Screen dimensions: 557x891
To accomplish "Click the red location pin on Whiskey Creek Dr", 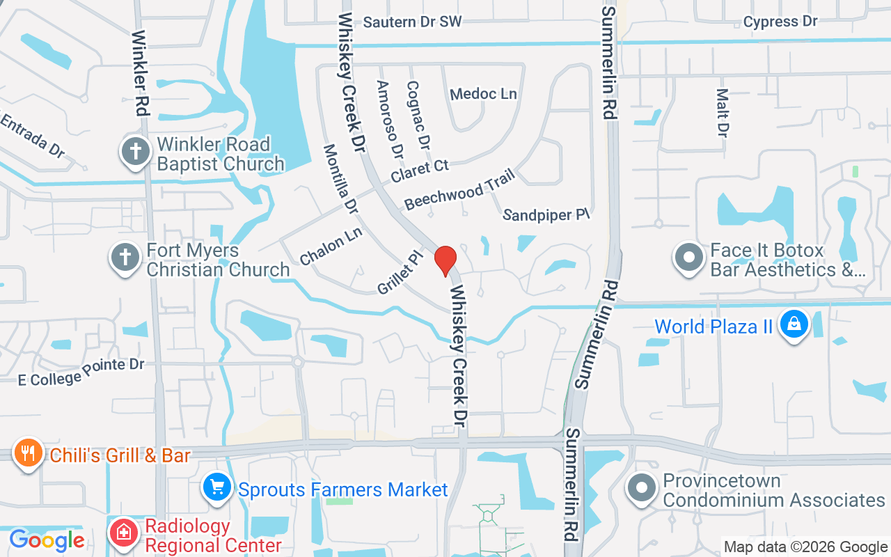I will (x=445, y=260).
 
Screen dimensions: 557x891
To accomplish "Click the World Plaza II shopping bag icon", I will (x=793, y=324).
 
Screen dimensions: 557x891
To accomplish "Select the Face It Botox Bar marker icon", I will (x=689, y=257).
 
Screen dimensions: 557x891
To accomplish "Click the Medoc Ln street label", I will (x=483, y=94).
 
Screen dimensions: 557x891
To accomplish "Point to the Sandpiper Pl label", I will (x=546, y=215).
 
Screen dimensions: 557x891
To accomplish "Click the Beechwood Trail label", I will (x=459, y=188).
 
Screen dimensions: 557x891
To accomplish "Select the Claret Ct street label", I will (x=420, y=171).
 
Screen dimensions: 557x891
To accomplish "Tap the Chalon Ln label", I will (x=331, y=246).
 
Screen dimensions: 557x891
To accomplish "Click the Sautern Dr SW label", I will (x=412, y=22).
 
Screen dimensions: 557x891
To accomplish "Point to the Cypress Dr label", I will (x=780, y=22).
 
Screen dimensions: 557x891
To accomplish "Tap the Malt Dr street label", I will (x=723, y=111).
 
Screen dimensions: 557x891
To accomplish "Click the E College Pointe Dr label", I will (x=81, y=372).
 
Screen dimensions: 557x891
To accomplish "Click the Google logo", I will (x=47, y=540).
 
